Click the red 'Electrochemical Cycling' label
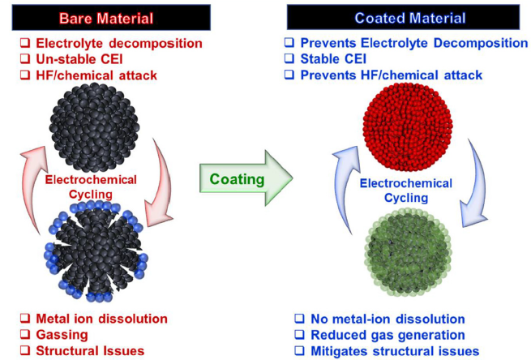click(x=101, y=186)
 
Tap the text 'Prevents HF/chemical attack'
click(x=391, y=75)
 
